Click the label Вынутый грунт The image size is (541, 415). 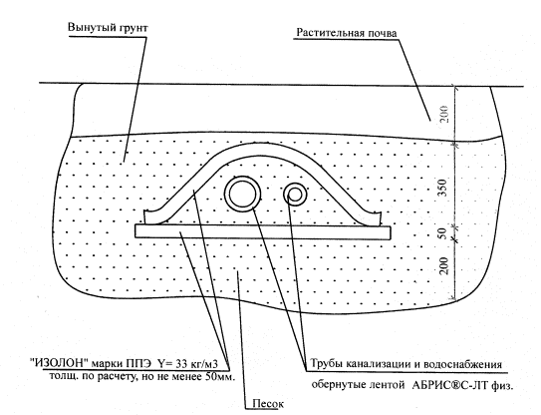[108, 28]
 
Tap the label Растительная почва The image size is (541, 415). [347, 33]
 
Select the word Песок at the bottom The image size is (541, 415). [268, 403]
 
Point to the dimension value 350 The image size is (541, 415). [443, 188]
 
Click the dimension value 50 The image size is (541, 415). [443, 233]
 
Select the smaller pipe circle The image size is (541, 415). [295, 194]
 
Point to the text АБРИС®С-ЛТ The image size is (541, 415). [448, 385]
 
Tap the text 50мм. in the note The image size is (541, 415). [220, 376]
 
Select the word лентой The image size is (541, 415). [388, 385]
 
